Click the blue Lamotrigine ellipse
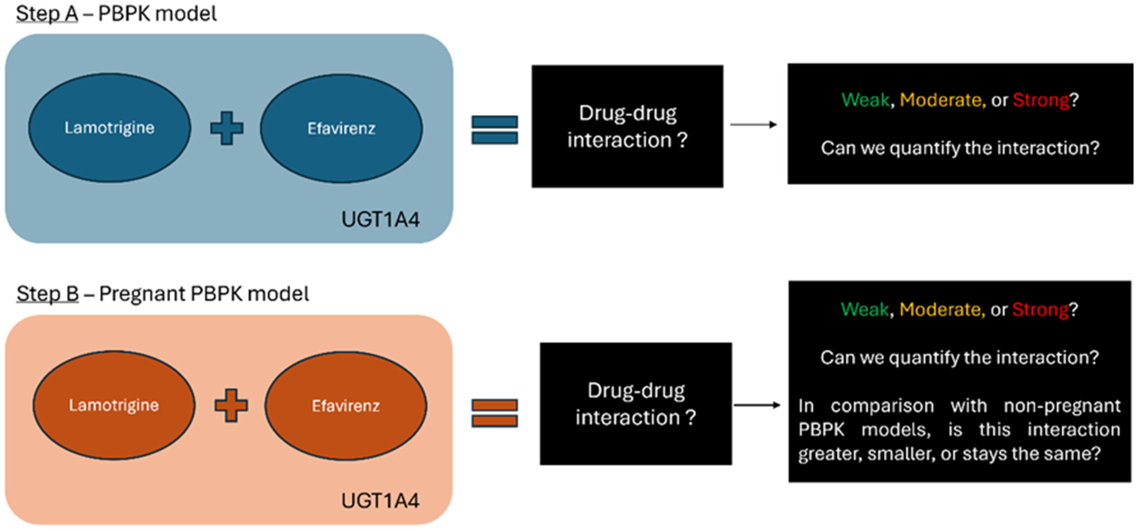coord(110,128)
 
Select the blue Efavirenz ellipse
coord(341,128)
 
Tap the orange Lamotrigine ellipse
coord(114,405)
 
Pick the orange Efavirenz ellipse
coord(346,406)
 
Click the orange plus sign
coord(231,405)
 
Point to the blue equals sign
coord(494,130)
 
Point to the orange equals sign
coord(494,413)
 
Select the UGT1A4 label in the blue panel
coord(380,220)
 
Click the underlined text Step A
coord(47,14)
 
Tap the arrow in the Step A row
coord(753,125)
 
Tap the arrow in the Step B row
coord(757,405)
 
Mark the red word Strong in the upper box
coord(1041,100)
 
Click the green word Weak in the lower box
coord(864,309)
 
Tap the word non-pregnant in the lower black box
coord(1062,406)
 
